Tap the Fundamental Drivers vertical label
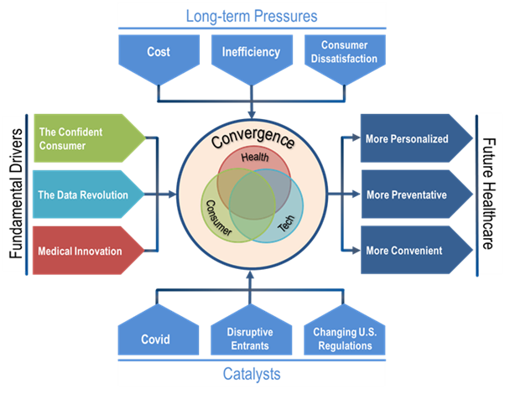click(14, 194)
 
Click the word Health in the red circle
click(253, 158)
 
